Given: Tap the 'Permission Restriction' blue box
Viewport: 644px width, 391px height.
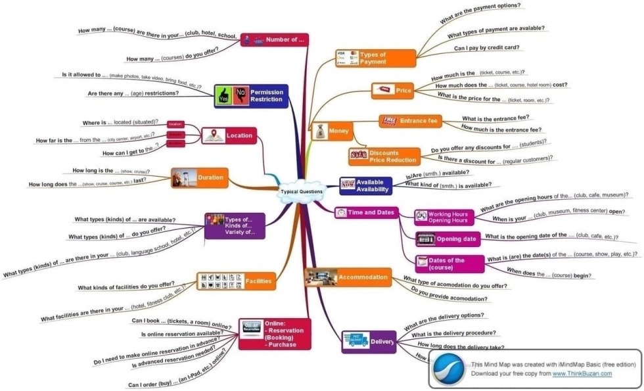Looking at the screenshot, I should pos(251,96).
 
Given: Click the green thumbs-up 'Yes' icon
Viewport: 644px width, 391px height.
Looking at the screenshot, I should pos(223,96).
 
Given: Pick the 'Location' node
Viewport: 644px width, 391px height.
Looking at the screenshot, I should pos(228,136).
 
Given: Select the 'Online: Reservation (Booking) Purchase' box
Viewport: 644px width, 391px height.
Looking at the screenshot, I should pos(273,334).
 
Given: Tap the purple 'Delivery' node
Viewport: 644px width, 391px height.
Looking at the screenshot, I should pos(369,342).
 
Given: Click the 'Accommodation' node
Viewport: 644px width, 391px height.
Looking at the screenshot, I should pos(348,277).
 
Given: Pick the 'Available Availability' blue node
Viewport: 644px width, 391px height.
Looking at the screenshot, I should pos(365,186).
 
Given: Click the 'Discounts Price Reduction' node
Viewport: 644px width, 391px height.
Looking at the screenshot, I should pos(384,156).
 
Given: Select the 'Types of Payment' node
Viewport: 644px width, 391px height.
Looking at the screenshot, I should pos(375,58).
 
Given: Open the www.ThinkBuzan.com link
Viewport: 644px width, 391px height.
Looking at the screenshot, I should pos(582,373).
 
